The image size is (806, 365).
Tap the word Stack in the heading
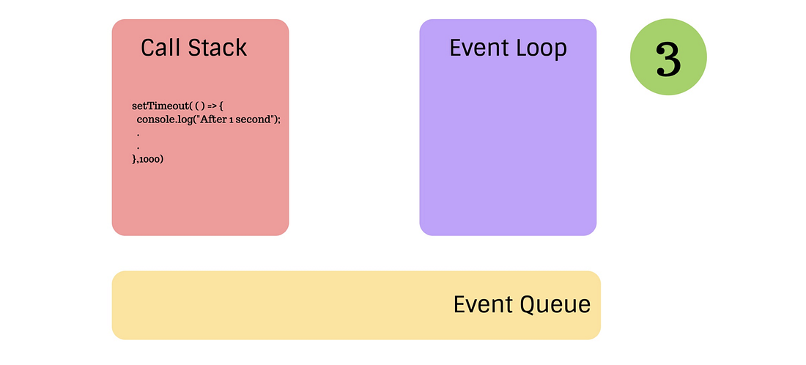click(x=217, y=48)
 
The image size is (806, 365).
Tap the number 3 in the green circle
click(x=668, y=60)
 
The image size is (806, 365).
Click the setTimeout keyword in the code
click(x=158, y=106)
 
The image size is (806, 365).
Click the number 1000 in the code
click(x=149, y=159)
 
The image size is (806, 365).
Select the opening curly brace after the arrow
click(x=221, y=106)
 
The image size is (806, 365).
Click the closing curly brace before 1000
click(x=134, y=159)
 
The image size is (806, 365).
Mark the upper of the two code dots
click(x=138, y=135)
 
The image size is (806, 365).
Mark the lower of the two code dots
click(x=138, y=148)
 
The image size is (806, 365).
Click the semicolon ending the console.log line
click(x=279, y=120)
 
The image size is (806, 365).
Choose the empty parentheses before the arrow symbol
click(x=198, y=106)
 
